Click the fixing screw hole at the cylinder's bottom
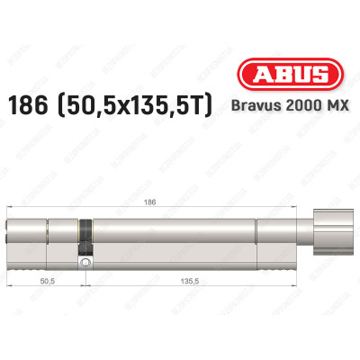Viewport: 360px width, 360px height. click(x=85, y=264)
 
